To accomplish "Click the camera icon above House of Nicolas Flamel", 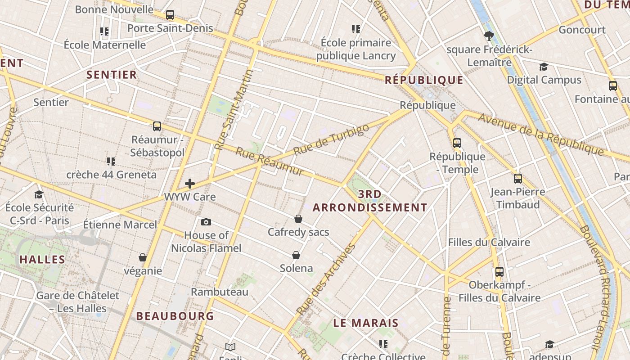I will point(206,222).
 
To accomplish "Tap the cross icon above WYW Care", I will point(190,183).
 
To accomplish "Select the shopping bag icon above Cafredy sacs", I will point(298,219).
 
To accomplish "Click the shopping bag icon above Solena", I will point(296,255).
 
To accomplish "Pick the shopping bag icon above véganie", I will point(143,257).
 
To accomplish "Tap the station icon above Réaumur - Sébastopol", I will point(157,126).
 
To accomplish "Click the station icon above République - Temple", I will point(457,143).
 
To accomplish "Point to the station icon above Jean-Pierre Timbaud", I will point(518,178).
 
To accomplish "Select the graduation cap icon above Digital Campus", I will point(544,67).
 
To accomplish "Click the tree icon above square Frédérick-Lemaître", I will point(489,36).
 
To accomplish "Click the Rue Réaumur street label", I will point(270,161).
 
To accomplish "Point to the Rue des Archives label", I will point(326,279).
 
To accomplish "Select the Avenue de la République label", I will point(540,134).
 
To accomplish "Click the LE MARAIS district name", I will point(366,323).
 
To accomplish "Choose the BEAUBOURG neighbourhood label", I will point(175,316).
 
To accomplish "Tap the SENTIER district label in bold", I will point(111,75).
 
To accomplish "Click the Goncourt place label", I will point(582,30).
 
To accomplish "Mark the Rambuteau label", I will point(220,292).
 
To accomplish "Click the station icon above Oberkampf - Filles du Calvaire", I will point(499,272).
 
